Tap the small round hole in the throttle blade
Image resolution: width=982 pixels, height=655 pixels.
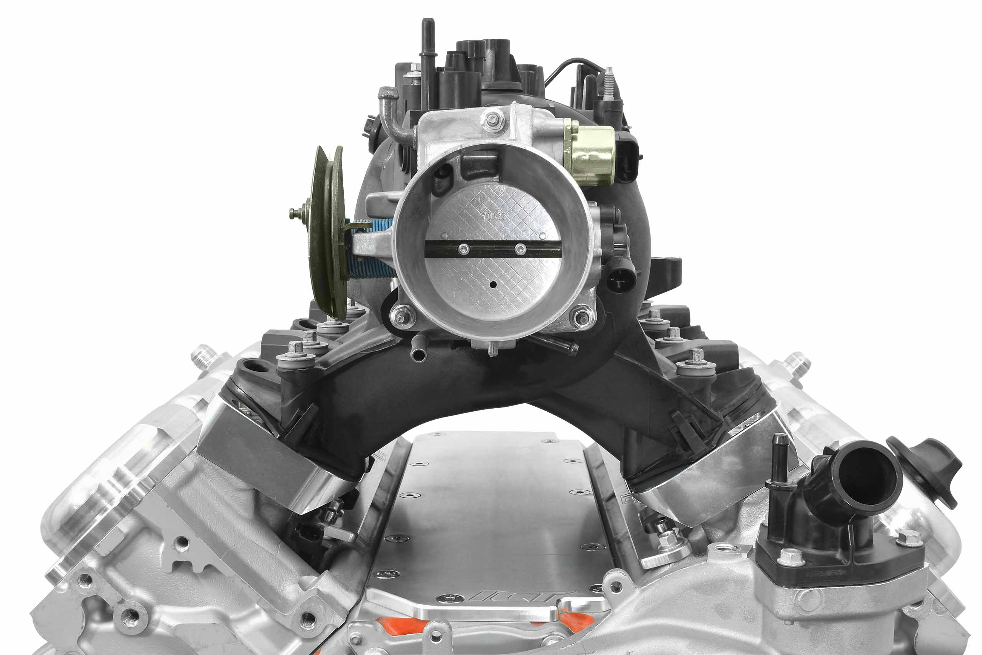pos(493,285)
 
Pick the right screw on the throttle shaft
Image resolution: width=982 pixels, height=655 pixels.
pos(520,249)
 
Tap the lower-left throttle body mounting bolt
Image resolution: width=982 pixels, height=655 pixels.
pos(401,317)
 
